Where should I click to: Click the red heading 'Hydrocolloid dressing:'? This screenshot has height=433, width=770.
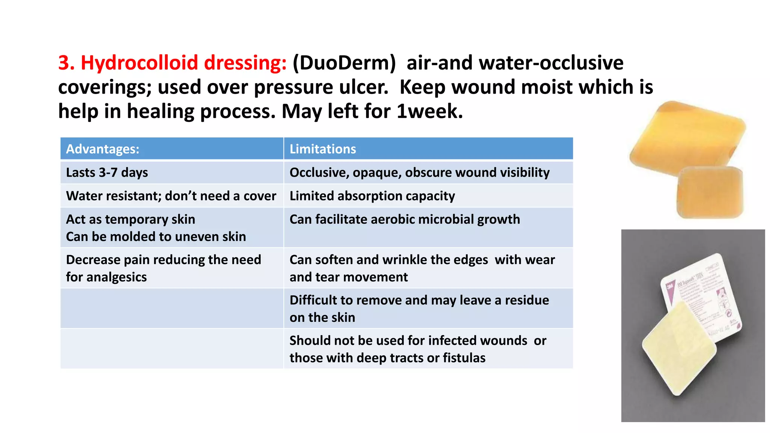[x=183, y=63]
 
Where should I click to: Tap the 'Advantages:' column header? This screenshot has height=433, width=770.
[x=103, y=149]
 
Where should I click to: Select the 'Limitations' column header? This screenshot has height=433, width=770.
[x=323, y=149]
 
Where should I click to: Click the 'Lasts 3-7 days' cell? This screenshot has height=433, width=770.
[x=107, y=173]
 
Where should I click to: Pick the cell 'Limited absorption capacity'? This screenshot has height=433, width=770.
[x=372, y=196]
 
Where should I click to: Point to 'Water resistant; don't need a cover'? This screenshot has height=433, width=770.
[x=171, y=196]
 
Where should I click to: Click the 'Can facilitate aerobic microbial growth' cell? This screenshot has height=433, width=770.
[x=405, y=219]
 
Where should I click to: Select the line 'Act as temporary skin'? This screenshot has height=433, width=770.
[x=130, y=219]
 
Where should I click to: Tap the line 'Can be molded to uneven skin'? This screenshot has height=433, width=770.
[x=156, y=236]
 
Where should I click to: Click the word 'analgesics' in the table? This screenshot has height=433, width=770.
[x=117, y=277]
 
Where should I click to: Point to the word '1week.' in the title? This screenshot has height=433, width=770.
[x=430, y=111]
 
